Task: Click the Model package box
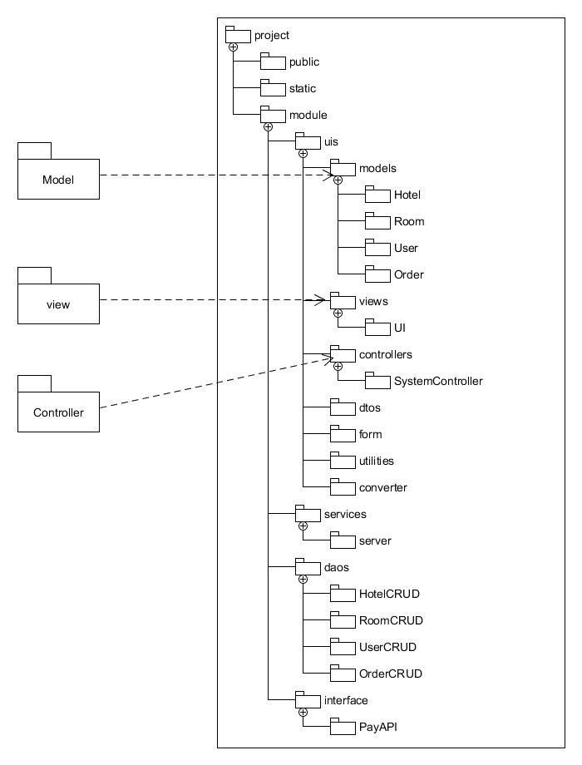[58, 178]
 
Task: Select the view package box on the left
[58, 304]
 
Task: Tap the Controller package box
[58, 411]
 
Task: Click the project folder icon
[238, 35]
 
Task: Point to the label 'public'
[303, 62]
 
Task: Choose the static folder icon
[273, 88]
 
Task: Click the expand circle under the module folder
[268, 127]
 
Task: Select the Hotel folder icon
[377, 195]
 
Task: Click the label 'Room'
[409, 222]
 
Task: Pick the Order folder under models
[377, 275]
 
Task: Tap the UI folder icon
[377, 328]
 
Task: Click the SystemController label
[438, 382]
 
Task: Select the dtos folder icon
[343, 408]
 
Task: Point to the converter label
[382, 488]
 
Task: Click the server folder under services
[343, 541]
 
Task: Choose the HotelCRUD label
[389, 595]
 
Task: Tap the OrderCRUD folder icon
[343, 674]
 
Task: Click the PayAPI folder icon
[343, 728]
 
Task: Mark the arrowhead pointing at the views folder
[318, 299]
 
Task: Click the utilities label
[376, 461]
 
